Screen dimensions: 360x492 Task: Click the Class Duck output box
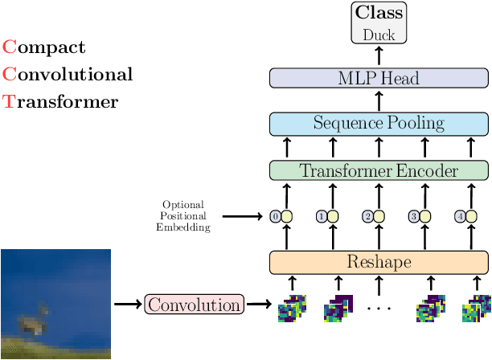(x=379, y=23)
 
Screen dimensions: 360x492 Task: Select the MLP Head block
(x=379, y=77)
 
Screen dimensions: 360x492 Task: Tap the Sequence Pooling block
(x=379, y=124)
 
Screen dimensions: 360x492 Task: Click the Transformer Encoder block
(x=379, y=170)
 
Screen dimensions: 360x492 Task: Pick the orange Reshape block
(x=379, y=262)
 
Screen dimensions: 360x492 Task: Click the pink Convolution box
(x=193, y=305)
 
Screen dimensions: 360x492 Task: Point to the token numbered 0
(x=281, y=216)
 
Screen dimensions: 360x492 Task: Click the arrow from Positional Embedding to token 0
(x=242, y=216)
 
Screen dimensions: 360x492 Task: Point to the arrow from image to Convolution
(x=128, y=305)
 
